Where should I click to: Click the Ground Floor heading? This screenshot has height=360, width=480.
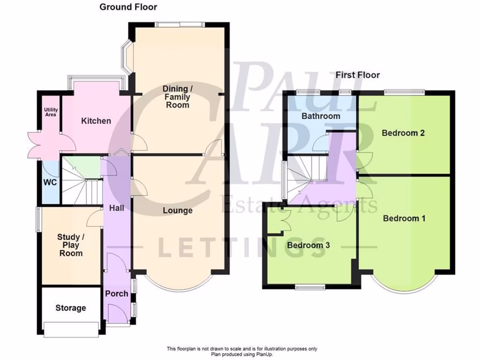click(128, 7)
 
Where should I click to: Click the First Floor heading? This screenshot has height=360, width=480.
click(357, 75)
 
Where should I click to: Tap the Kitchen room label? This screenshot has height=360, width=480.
click(96, 121)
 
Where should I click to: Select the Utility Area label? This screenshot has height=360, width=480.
click(51, 112)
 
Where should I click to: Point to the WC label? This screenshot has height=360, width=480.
click(50, 182)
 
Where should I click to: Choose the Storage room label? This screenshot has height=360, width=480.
click(71, 308)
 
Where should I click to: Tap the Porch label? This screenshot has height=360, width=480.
click(116, 293)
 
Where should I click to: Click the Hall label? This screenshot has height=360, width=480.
click(116, 207)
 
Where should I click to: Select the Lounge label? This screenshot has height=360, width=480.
click(178, 210)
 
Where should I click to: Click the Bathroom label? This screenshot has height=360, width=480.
click(321, 116)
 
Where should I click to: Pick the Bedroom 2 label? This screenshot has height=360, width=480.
click(403, 133)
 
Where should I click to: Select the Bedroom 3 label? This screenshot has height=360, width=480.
click(308, 245)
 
